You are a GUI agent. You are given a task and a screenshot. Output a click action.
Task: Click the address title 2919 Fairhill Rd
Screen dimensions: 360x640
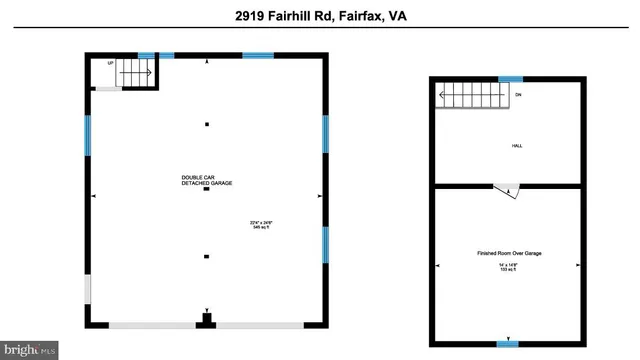click(320, 17)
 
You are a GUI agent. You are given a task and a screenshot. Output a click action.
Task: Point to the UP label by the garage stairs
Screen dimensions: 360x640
click(110, 63)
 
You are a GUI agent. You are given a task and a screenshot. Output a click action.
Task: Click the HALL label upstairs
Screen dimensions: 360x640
click(517, 146)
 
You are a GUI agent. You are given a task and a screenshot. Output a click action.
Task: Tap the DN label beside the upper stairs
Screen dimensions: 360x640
click(517, 96)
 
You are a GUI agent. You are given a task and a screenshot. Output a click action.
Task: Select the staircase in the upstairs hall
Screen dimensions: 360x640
click(474, 96)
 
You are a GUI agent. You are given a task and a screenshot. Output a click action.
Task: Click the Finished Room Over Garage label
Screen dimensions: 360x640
click(509, 254)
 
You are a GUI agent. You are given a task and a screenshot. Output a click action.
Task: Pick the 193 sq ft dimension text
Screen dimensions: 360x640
click(509, 267)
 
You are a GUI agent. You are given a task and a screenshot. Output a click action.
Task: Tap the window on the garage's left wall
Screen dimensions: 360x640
click(88, 138)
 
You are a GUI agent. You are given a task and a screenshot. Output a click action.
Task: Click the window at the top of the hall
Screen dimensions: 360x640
click(510, 79)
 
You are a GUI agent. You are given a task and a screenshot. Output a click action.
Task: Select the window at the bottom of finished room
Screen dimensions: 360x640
click(508, 344)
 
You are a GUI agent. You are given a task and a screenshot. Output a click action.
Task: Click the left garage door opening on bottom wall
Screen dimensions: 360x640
click(151, 325)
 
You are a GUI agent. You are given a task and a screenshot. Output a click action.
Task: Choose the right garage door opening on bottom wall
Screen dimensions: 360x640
click(260, 325)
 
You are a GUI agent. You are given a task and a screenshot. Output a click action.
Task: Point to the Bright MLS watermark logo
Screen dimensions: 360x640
click(30, 350)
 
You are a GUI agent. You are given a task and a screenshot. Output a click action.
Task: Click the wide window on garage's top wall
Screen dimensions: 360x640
click(258, 55)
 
